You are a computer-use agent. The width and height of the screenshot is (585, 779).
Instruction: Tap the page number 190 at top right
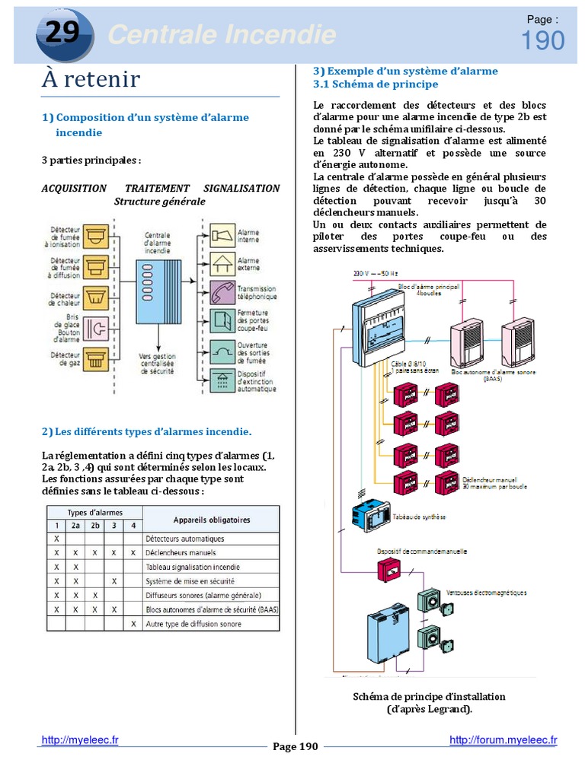[x=542, y=40]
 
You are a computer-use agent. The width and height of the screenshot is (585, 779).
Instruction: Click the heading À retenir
[x=91, y=78]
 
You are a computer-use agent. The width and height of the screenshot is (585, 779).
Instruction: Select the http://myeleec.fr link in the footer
[x=80, y=739]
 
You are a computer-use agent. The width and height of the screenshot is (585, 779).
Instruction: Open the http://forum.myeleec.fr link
[x=503, y=739]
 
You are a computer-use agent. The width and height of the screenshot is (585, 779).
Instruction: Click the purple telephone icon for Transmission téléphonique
[x=222, y=292]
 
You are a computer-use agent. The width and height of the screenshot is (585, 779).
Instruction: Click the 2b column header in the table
[x=94, y=525]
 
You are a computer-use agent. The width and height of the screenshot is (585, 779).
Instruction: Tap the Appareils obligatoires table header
[x=210, y=520]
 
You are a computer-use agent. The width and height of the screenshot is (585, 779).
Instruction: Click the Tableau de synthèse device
[x=370, y=516]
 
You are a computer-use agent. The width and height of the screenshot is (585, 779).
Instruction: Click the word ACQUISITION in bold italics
[x=74, y=188]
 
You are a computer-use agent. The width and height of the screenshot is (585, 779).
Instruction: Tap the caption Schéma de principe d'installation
[x=429, y=697]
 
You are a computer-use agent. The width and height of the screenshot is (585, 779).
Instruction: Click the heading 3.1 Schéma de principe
[x=376, y=84]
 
